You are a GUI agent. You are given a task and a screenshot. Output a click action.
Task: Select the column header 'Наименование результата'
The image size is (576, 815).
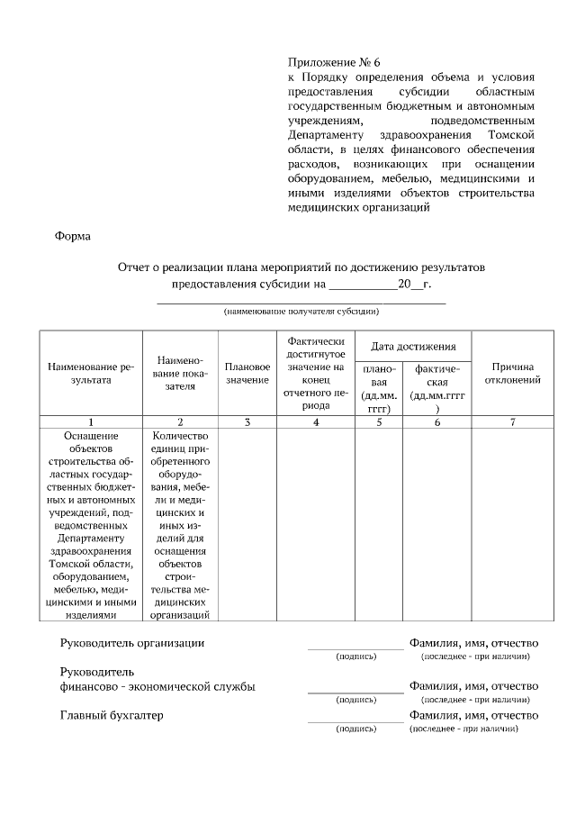90,373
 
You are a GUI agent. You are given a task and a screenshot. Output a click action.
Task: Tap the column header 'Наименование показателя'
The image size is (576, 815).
180,373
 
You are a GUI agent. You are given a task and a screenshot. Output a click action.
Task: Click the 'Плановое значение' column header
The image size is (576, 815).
247,374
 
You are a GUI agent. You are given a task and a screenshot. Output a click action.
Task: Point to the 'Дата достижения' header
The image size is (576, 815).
413,346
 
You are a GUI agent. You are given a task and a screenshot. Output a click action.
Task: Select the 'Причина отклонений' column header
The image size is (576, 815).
513,373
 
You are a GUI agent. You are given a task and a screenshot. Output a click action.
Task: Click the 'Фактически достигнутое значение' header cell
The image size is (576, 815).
315,373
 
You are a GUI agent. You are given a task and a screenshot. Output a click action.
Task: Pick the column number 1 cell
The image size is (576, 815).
90,421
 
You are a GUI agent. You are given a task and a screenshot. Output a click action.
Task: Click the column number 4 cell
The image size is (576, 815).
315,421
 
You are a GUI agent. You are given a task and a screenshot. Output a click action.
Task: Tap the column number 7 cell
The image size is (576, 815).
513,421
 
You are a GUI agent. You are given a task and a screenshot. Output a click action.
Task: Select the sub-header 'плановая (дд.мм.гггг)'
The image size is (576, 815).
379,388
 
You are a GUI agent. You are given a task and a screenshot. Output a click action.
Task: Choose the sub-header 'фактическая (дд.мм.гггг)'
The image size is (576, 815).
437,388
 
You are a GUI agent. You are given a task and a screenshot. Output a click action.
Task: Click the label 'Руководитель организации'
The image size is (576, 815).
131,643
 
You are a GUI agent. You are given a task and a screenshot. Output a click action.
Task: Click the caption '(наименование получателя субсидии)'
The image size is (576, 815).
301,312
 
